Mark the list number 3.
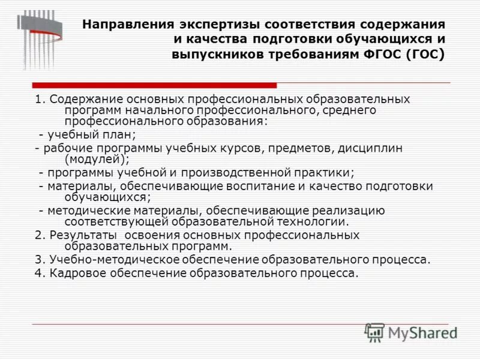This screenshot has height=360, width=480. (38, 260)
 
